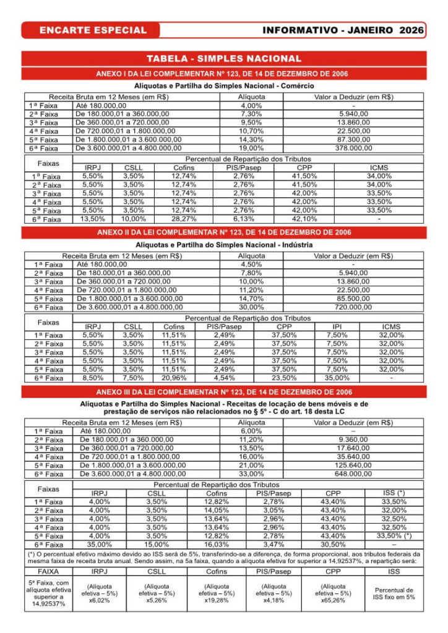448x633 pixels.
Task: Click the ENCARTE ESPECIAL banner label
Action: (x=93, y=30)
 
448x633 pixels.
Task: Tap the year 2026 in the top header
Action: (x=411, y=30)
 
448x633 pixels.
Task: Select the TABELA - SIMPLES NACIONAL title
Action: (x=224, y=59)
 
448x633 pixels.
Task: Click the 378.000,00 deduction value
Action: (x=353, y=148)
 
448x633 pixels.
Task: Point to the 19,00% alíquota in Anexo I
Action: (x=251, y=148)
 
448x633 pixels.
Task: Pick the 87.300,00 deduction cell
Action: (x=353, y=140)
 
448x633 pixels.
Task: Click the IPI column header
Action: (x=337, y=326)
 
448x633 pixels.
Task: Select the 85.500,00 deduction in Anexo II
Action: (x=353, y=299)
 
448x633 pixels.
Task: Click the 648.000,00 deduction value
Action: (x=353, y=474)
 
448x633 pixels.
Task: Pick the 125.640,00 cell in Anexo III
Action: (x=353, y=465)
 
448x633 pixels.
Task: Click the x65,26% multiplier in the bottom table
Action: (x=332, y=600)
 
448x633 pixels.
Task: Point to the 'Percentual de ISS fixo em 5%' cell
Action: (x=394, y=593)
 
